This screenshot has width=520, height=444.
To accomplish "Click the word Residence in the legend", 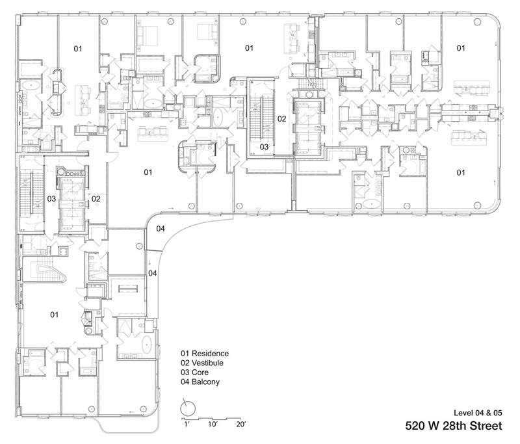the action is point(211,354).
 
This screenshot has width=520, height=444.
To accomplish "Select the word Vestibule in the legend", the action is point(210,363).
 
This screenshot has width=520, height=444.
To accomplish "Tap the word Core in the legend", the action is point(202,373).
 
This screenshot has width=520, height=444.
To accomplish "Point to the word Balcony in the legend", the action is point(207,382).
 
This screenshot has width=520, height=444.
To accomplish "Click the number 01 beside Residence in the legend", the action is point(185,354).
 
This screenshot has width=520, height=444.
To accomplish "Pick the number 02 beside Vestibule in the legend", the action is point(185,363).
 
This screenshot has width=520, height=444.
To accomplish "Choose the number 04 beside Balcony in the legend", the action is point(185,382).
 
